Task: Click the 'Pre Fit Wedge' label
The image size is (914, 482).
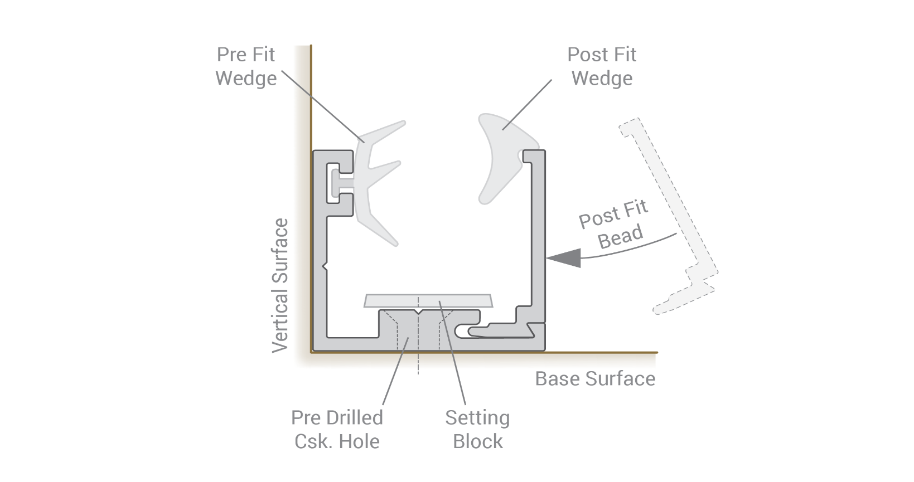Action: (x=246, y=66)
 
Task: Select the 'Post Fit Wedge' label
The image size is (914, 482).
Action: (x=602, y=66)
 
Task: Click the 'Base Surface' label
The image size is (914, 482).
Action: (x=595, y=379)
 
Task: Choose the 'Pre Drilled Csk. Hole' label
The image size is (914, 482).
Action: (x=337, y=430)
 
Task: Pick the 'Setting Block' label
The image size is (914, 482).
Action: (x=477, y=430)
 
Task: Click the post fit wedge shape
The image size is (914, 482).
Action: (x=499, y=156)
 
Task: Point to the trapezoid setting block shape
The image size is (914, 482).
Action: (x=428, y=301)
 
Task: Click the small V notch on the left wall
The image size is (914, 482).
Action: (x=325, y=267)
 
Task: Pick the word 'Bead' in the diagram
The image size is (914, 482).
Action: (x=620, y=236)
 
